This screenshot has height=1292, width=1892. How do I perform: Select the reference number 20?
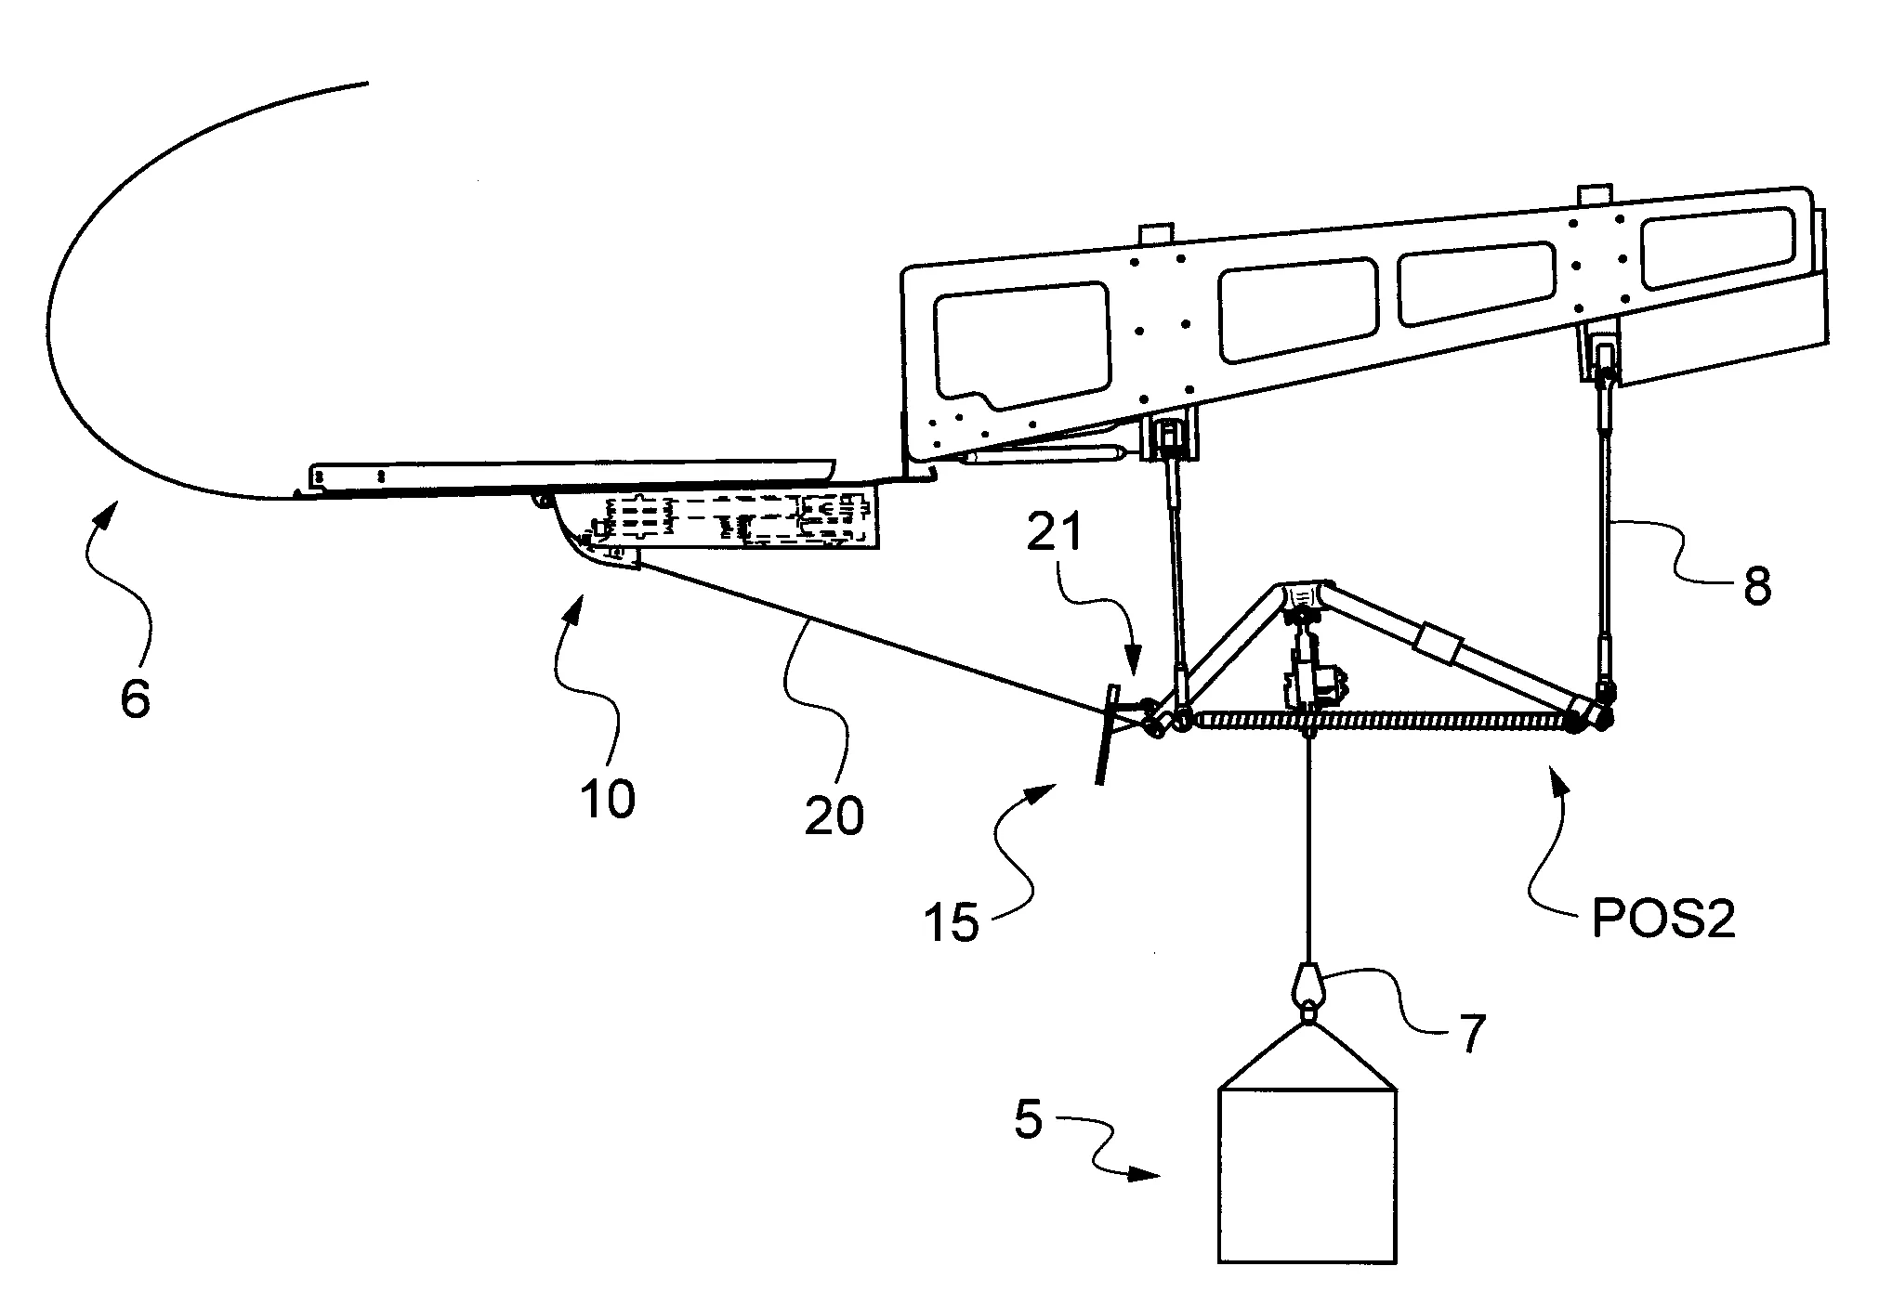pyautogui.click(x=834, y=815)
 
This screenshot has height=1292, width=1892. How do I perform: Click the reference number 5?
pyautogui.click(x=1029, y=1119)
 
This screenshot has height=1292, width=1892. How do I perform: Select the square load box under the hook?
pyautogui.click(x=1307, y=1174)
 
